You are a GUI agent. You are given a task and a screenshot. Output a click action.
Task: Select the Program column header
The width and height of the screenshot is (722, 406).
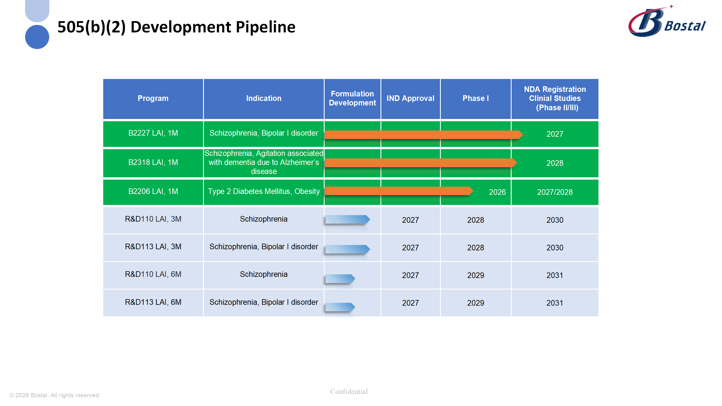pos(153,98)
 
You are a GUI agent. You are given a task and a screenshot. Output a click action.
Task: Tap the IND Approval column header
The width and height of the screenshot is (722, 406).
pos(410,98)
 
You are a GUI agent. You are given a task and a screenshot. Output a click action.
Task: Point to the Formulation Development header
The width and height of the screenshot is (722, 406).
pos(352,98)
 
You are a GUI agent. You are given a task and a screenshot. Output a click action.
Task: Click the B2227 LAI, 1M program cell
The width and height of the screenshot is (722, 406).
pos(153,133)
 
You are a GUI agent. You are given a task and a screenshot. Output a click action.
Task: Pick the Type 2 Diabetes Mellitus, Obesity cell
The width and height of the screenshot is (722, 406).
pos(263,191)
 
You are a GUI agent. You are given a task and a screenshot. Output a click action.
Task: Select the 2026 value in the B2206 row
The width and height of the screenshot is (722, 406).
pos(497,192)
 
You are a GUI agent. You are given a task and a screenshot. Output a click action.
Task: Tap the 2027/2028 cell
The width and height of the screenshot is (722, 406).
pos(554,192)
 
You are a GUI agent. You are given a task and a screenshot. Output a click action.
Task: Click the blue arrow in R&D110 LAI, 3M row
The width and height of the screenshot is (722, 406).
pos(347,219)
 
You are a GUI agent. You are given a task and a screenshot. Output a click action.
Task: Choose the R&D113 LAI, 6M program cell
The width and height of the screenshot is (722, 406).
pos(153,302)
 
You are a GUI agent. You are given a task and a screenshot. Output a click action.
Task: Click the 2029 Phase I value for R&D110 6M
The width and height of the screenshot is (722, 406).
pos(475,275)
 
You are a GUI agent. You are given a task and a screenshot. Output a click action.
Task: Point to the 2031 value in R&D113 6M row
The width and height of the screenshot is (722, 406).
pos(554,303)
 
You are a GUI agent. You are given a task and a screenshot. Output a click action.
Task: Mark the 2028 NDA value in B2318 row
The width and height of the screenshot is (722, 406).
pos(554,163)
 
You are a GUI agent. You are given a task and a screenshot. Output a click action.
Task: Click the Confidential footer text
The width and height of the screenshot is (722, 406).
pos(349,391)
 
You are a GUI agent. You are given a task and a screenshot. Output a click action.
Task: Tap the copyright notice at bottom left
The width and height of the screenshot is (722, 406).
pos(55,395)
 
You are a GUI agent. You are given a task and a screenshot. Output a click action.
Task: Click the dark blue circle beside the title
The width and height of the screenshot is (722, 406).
pos(37,37)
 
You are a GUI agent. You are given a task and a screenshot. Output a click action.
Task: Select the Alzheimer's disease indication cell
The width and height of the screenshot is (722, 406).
pos(263,162)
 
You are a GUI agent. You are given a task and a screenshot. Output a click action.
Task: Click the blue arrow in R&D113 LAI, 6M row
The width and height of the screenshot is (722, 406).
pos(340,307)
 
